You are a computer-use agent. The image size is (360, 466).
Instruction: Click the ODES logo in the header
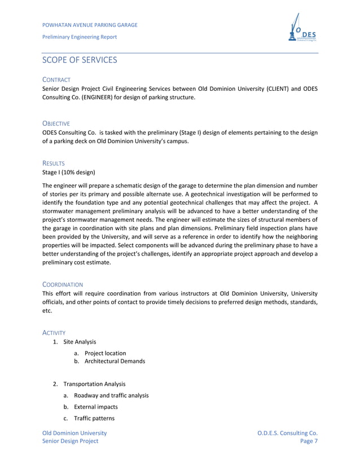point(304,29)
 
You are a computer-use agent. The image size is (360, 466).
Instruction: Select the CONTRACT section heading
point(56,80)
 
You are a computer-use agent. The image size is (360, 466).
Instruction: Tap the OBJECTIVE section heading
point(56,124)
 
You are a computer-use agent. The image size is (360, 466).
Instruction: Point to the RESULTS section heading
point(54,162)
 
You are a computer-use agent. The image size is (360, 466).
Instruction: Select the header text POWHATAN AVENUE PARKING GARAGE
point(90,24)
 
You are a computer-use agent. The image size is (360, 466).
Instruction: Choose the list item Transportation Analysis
point(94,384)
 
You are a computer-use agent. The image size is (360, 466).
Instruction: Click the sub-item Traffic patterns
point(94,419)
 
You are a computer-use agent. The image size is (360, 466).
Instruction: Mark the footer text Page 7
point(310,442)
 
